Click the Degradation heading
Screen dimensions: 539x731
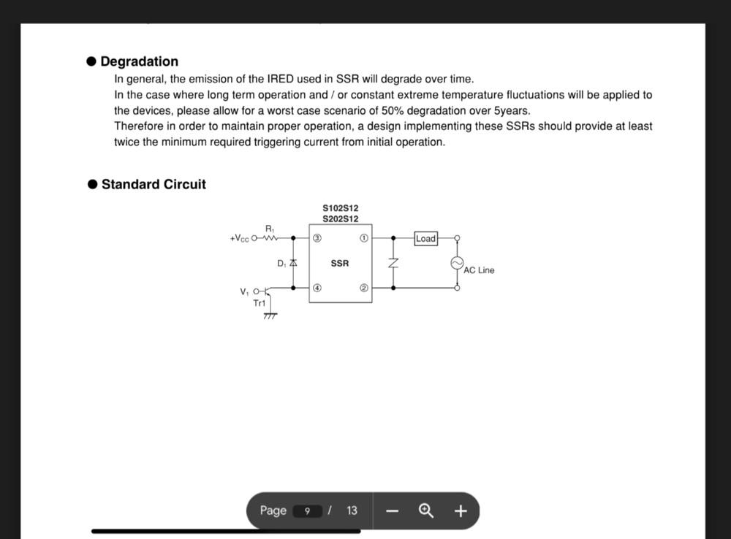[139, 61]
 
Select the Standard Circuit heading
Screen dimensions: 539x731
[154, 184]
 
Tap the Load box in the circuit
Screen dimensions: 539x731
[425, 238]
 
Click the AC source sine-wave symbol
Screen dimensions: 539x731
[458, 263]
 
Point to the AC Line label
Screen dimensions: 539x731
[479, 270]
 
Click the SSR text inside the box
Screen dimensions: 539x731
[340, 263]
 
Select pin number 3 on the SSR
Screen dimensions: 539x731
[317, 238]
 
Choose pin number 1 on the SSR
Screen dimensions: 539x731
[364, 238]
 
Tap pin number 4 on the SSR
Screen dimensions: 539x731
[317, 288]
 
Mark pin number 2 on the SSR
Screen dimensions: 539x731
[364, 288]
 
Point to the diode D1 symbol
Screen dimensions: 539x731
[293, 262]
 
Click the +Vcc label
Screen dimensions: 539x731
[239, 239]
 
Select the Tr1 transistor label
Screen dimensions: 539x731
[260, 303]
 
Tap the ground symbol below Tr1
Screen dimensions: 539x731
[270, 316]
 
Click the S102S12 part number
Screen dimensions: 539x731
[341, 208]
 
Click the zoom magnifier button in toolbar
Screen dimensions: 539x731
[426, 511]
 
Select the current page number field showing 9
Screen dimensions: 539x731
[308, 511]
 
